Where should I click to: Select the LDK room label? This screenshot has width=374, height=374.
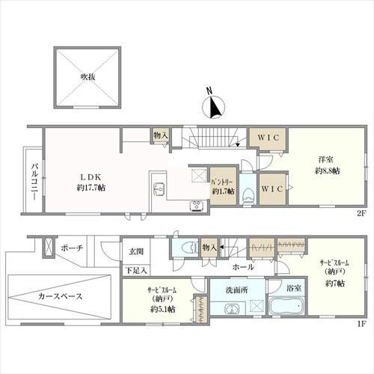click(x=90, y=177)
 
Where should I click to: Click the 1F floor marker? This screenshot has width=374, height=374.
click(x=360, y=324)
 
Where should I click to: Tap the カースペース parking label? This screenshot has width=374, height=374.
click(x=60, y=296)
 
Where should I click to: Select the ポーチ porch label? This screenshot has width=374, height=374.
click(x=73, y=248)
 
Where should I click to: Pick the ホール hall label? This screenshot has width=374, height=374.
click(x=242, y=267)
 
